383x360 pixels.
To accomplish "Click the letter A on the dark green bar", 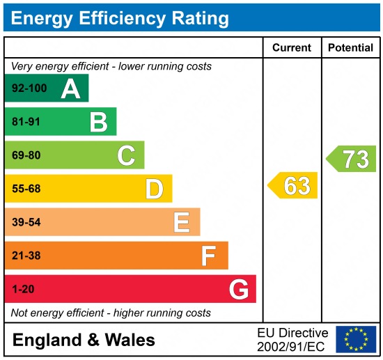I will click(x=70, y=88).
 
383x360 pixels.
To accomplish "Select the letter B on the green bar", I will click(x=98, y=122).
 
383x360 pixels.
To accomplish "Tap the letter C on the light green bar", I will click(x=126, y=155).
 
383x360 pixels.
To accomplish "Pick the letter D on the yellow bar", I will click(x=154, y=189).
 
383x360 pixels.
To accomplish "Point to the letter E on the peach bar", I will click(x=182, y=222).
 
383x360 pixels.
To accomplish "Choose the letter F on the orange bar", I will click(x=209, y=256).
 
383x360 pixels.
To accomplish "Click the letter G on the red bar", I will click(x=238, y=289).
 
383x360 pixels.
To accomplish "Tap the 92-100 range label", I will click(x=29, y=88).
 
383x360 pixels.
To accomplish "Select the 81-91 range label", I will click(x=26, y=122).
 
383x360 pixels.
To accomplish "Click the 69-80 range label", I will click(x=26, y=155).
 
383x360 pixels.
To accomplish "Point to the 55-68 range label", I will click(x=26, y=189).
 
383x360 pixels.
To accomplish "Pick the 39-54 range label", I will click(x=26, y=222).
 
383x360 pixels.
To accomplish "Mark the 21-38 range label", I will click(x=26, y=256).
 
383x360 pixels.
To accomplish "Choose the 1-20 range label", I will click(x=23, y=289).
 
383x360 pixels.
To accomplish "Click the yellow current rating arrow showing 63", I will click(x=293, y=186).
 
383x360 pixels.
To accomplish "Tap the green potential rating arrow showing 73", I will click(x=352, y=159).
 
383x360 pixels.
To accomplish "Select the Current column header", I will click(x=291, y=48).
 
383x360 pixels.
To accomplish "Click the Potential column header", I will click(x=350, y=48).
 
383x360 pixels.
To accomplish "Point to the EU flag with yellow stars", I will click(x=356, y=339).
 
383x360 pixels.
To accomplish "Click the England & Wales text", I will click(x=84, y=340).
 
